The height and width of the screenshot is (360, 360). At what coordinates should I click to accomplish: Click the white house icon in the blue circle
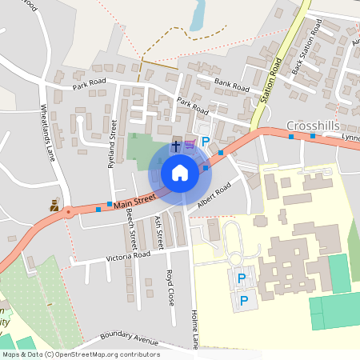pos(179,172)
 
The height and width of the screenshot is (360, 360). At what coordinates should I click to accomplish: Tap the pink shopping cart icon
pos(190,144)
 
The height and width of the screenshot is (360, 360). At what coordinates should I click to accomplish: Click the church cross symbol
pos(176,146)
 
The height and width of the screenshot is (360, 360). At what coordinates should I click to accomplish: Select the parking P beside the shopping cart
pos(206,142)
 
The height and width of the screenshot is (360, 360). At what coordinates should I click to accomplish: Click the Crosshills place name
pos(314,126)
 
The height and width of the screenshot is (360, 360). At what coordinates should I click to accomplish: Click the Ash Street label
pos(158,232)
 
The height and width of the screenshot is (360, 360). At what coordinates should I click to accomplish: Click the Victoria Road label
pos(129,257)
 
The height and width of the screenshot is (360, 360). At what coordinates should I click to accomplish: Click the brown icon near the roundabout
pos(54,204)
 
